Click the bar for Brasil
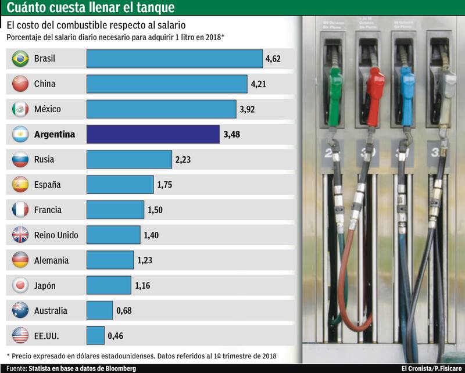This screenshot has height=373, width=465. coord(174,59)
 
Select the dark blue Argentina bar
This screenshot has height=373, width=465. coord(153,134)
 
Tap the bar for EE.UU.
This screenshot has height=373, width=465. coord(95,335)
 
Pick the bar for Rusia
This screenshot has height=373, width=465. coord(129,159)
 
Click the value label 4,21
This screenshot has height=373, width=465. coord(259,84)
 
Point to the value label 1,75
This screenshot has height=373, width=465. coord(164,185)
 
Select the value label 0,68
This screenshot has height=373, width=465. coord(124,310)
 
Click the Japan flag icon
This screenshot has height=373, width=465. coord(20,285)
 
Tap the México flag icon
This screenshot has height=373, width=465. coord(20,109)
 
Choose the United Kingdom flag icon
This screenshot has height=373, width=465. coord(20,235)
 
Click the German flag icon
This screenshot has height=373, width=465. coord(20,260)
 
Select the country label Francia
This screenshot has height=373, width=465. coord(48,210)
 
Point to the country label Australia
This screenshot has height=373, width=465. coord(51,310)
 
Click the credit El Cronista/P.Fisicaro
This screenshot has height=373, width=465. coord(431,368)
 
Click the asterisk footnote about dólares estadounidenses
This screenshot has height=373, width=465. coord(141,355)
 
